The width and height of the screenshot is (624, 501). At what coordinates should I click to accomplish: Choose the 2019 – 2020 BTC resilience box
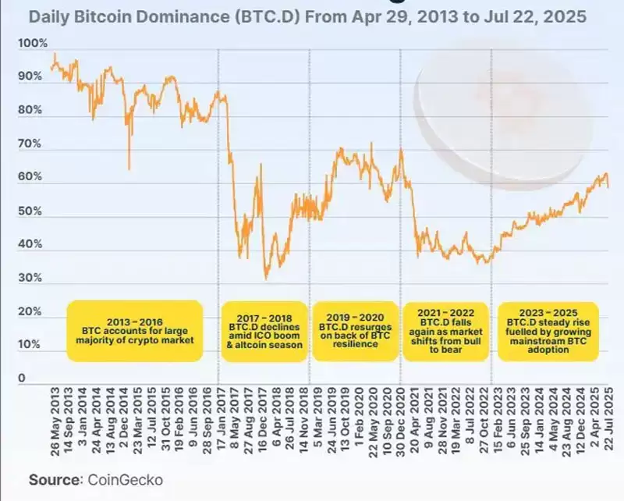354,331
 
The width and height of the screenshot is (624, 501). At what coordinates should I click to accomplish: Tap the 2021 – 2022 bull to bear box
445,331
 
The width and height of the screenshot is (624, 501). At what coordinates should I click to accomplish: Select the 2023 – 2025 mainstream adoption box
548,331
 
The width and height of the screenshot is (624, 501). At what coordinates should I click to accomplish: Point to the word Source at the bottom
55,478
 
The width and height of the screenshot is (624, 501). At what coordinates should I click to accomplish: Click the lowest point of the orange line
266,278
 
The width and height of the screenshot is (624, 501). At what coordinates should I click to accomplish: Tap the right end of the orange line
608,185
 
